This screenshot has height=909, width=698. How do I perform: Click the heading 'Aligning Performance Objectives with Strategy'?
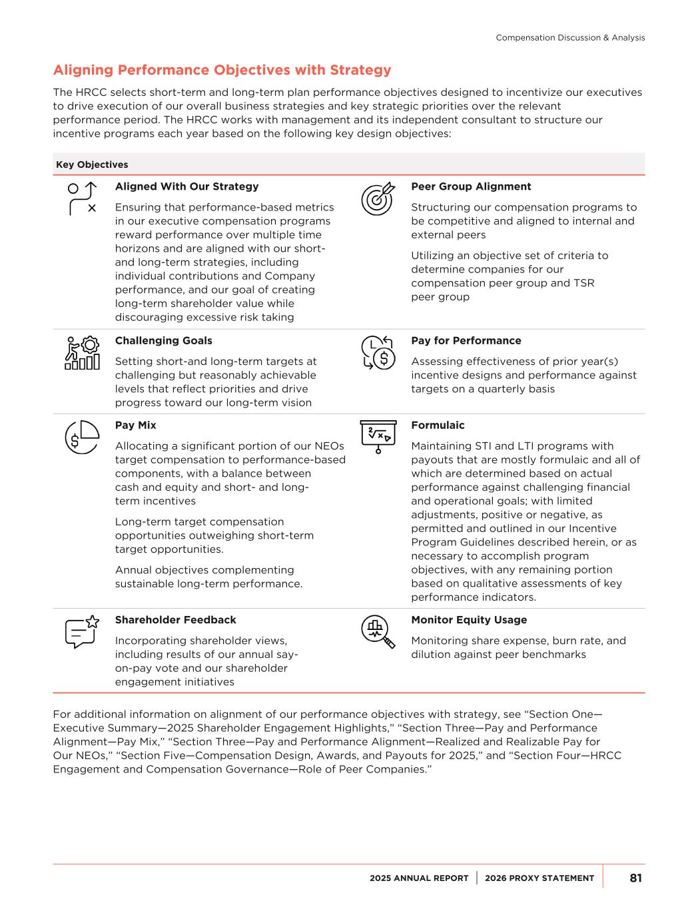pos(222,71)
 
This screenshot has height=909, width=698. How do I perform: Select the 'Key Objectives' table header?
pos(92,164)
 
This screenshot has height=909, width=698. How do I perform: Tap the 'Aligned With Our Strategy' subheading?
pos(186,186)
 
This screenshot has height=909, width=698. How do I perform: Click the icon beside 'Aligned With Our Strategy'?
pos(83,198)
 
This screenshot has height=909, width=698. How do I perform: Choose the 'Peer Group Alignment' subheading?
pos(471,186)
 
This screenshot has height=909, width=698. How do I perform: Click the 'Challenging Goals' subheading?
pos(163,340)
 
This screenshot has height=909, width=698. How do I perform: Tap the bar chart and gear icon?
pos(83,353)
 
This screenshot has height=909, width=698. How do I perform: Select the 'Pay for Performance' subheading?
pos(466,340)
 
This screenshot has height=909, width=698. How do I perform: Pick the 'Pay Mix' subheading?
pos(135,425)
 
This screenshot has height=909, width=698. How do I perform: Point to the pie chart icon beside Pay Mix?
pos(83,438)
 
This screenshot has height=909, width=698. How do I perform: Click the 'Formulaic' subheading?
pos(438,425)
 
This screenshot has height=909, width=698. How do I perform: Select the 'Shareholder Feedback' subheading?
pos(175,619)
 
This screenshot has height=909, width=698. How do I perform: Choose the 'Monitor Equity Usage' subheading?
pos(468,619)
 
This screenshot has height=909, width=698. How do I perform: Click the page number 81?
pos(635,878)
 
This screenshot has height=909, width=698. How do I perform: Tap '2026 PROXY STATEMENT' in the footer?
pos(539,878)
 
